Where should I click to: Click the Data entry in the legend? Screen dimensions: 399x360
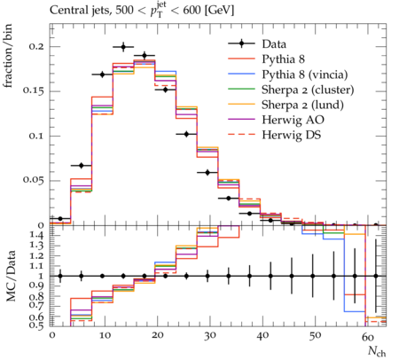pos(274,44)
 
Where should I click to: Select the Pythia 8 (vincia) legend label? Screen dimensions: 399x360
pos(305,74)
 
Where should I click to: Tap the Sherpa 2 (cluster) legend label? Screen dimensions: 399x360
pos(308,90)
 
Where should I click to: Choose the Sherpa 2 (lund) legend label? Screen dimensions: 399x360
pos(302,105)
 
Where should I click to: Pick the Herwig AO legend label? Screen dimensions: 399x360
pos(293,120)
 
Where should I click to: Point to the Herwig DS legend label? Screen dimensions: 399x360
pos(292,135)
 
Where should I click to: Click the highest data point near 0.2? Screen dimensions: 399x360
pos(123,47)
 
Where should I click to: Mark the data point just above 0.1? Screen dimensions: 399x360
pos(186,134)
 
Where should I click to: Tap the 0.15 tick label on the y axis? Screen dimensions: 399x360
pos(34,90)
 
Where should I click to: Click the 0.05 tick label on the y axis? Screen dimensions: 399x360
pos(34,180)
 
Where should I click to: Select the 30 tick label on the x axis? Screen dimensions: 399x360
pos(209,336)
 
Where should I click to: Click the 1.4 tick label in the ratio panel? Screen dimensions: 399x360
pos(37,235)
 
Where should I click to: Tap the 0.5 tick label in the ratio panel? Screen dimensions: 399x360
pos(37,325)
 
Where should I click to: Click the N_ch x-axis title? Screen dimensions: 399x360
pos(377,352)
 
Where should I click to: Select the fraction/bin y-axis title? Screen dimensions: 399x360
pos(8,56)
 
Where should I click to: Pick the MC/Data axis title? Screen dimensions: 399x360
pos(11,276)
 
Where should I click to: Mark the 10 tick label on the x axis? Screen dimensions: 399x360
pos(105,336)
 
